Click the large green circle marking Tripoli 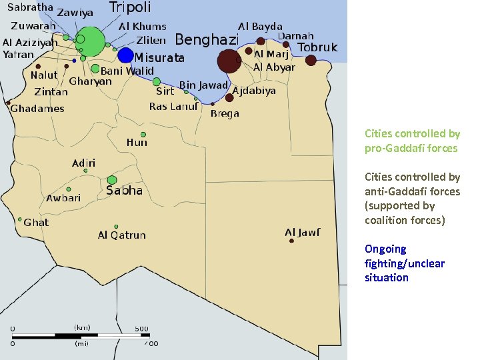coord(91,41)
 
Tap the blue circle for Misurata coord(126,55)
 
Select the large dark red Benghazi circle coord(229,61)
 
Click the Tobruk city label coord(317,47)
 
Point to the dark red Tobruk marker coord(311,61)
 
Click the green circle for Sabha coord(112,180)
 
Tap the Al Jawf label coord(303,232)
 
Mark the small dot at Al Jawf coord(291,241)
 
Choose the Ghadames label coord(37,109)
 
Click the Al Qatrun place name coord(121,235)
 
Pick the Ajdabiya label coord(254,91)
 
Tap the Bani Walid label coord(127,71)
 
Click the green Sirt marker coord(157,82)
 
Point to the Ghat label coord(36,222)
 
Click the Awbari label coord(63,198)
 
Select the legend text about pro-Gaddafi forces coord(412,141)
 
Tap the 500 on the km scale coord(141,328)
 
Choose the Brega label coord(225,114)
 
